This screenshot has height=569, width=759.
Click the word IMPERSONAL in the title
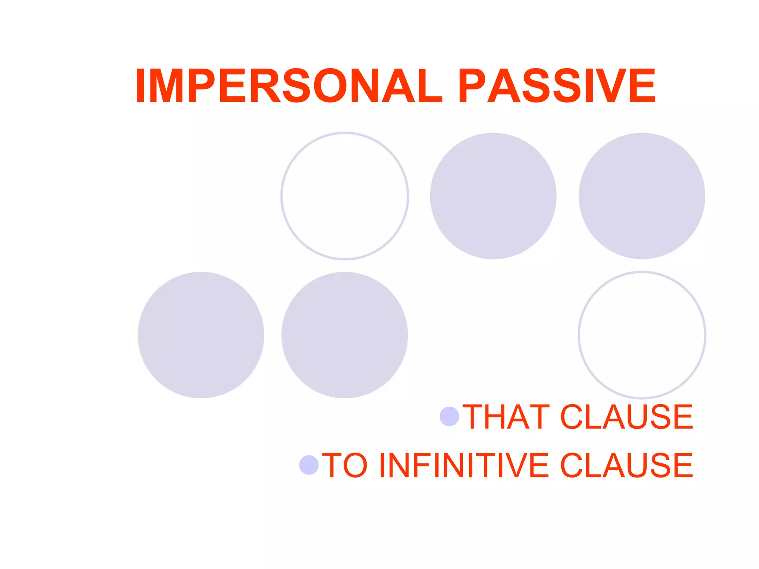tap(289, 86)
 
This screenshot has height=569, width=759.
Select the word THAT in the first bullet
tap(506, 417)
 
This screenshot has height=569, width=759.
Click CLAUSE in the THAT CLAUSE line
tap(626, 417)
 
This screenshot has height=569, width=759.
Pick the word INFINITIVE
tap(463, 465)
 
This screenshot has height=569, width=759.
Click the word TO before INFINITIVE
tap(345, 465)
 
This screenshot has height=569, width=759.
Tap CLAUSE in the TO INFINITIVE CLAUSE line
tap(626, 465)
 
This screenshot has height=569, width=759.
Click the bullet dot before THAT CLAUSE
tap(449, 416)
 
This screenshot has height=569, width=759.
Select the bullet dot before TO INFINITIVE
tap(309, 465)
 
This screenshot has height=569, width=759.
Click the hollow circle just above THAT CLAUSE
tap(642, 335)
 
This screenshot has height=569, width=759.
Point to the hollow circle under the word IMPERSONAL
tap(345, 196)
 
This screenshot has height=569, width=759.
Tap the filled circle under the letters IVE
tap(642, 196)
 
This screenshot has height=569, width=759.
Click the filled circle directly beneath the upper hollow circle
tap(345, 335)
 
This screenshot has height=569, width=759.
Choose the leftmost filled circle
tap(201, 335)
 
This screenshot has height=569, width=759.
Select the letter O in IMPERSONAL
tap(330, 86)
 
